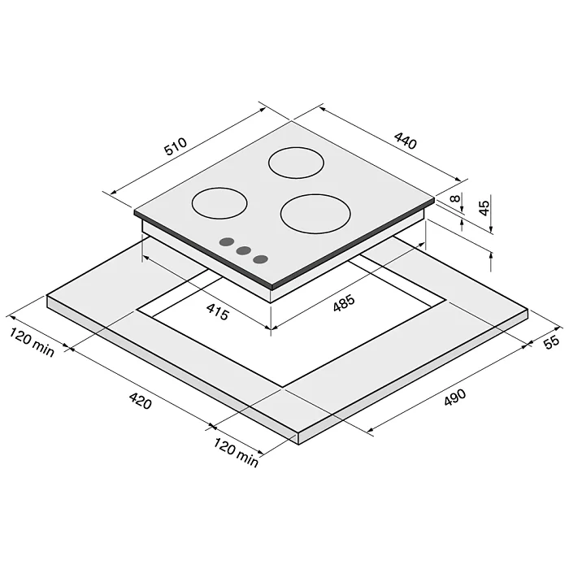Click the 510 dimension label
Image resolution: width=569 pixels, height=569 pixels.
(176, 146)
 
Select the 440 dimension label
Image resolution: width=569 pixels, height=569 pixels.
(406, 141)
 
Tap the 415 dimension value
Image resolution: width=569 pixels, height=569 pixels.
(218, 312)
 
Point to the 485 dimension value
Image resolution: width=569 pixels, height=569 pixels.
(343, 303)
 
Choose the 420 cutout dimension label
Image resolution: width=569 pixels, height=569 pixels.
(140, 401)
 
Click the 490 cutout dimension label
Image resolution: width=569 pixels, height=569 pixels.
(454, 397)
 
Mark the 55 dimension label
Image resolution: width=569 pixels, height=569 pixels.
(552, 341)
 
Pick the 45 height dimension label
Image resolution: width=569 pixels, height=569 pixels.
(484, 208)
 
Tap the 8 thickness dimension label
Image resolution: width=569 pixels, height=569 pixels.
(455, 198)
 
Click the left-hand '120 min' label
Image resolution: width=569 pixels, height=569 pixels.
(32, 342)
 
